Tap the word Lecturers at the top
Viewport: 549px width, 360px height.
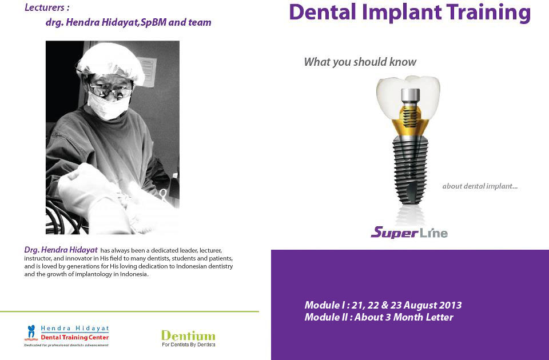pos(45,7)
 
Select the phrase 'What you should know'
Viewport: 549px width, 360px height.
pos(360,62)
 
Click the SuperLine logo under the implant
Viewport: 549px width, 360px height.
pos(409,233)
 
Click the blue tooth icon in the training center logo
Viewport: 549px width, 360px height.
pos(31,331)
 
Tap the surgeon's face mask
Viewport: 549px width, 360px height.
pos(108,106)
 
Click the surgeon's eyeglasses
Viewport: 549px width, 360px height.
pos(110,91)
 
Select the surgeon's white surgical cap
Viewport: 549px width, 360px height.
pos(110,63)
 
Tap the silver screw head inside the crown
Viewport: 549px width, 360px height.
pos(410,95)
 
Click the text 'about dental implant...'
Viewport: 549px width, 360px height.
pos(480,186)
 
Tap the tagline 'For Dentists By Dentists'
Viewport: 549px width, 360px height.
pos(188,345)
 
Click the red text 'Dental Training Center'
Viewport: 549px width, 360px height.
pos(75,338)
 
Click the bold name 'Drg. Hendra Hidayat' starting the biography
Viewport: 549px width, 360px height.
pos(61,250)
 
